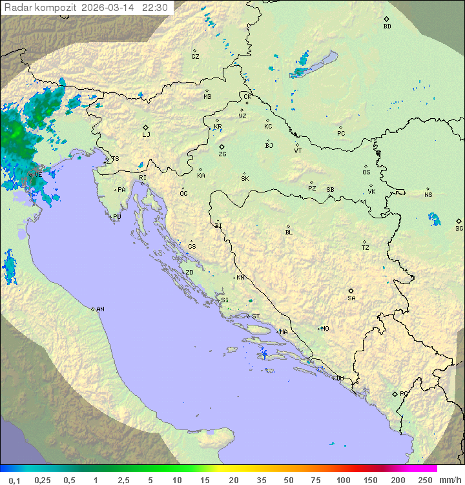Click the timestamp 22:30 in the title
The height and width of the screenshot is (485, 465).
pyautogui.click(x=155, y=8)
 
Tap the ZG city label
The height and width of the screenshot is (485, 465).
pyautogui.click(x=222, y=154)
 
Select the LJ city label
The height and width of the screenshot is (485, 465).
pyautogui.click(x=146, y=134)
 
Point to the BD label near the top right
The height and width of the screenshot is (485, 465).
pyautogui.click(x=387, y=26)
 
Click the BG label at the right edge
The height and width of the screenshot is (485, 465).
pyautogui.click(x=459, y=228)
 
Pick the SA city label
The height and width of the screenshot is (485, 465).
pyautogui.click(x=351, y=298)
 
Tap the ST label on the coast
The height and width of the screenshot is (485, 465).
pyautogui.click(x=256, y=316)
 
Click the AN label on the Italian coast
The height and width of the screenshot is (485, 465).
pyautogui.click(x=100, y=309)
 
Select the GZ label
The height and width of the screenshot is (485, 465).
pyautogui.click(x=195, y=56)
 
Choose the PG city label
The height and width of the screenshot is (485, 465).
pyautogui.click(x=404, y=393)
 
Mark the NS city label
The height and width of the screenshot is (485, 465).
pyautogui.click(x=428, y=194)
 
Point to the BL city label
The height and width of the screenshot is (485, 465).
pyautogui.click(x=289, y=232)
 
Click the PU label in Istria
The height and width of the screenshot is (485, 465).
pyautogui.click(x=117, y=217)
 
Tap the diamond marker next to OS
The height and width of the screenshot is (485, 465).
pyautogui.click(x=367, y=165)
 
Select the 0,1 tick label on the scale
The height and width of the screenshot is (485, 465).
pyautogui.click(x=14, y=480)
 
